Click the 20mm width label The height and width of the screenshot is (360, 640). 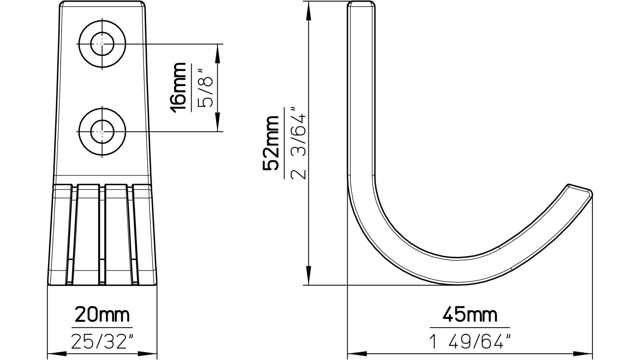pyautogui.click(x=102, y=315)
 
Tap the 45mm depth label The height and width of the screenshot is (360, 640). pyautogui.click(x=470, y=315)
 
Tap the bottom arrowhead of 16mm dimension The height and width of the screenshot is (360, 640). pyautogui.click(x=218, y=126)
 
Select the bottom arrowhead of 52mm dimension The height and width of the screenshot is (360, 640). pyautogui.click(x=308, y=279)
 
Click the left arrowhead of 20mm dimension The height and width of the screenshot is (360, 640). pyautogui.click(x=54, y=353)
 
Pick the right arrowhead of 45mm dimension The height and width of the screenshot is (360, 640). pyautogui.click(x=586, y=353)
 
